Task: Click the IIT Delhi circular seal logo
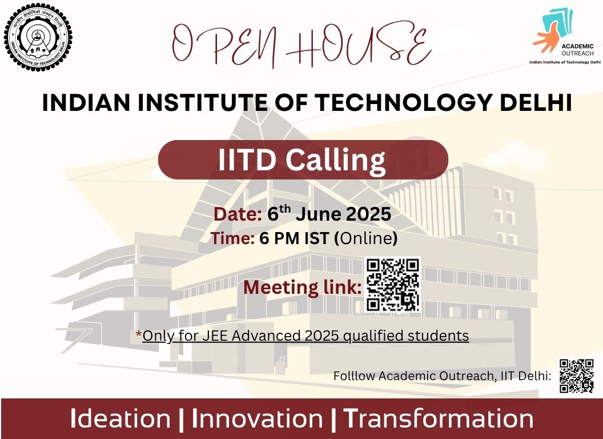38,38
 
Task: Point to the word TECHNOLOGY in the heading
403,103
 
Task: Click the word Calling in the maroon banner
335,160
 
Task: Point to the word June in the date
319,214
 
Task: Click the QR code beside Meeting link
392,285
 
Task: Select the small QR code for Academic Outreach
577,376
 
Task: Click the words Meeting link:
302,288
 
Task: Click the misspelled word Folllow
354,376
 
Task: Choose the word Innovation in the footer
257,418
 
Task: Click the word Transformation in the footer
438,418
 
